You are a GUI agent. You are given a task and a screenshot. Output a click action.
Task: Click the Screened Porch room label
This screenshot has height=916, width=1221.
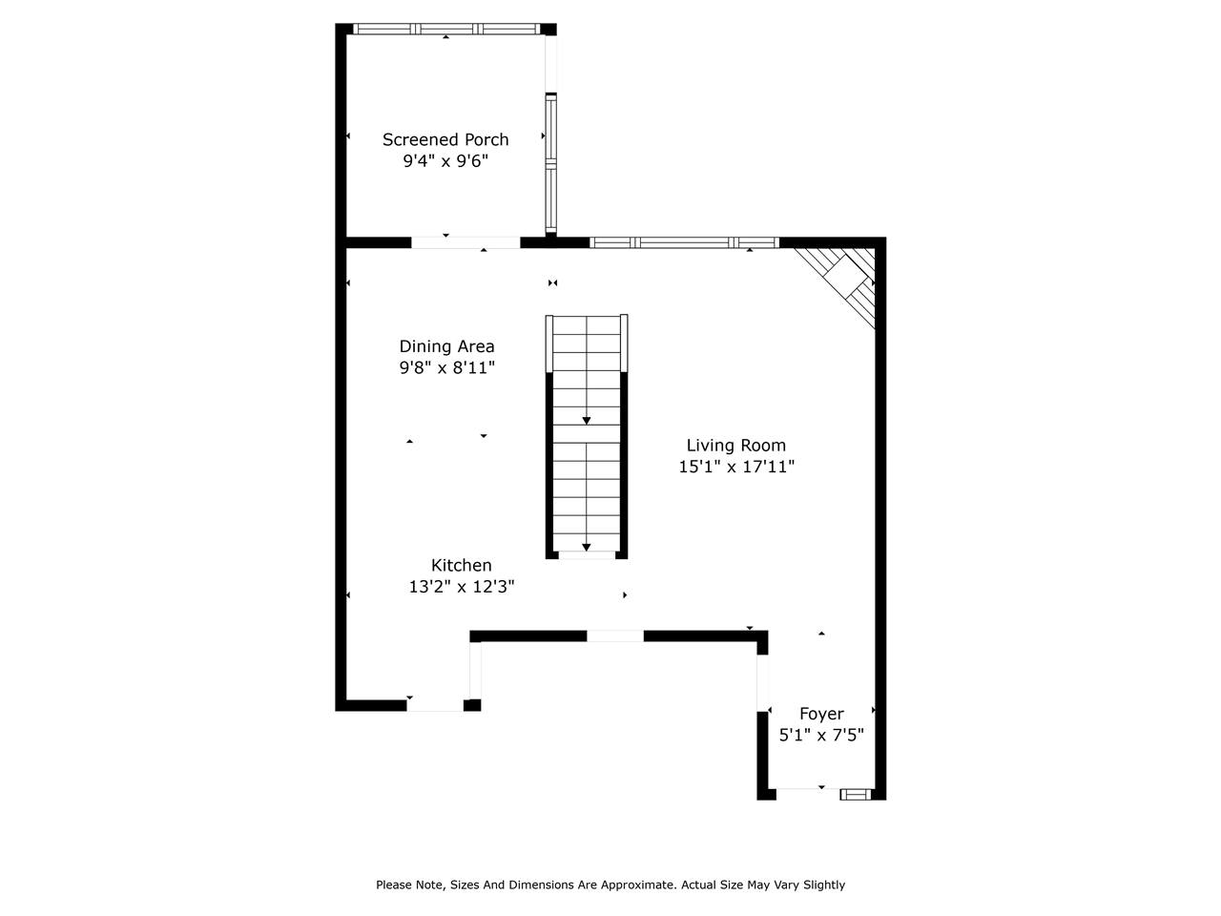pos(445,139)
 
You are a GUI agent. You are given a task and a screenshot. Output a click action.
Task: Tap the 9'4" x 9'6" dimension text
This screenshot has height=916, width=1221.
pos(445,161)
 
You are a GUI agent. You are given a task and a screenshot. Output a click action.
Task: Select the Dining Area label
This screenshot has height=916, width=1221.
pos(446,346)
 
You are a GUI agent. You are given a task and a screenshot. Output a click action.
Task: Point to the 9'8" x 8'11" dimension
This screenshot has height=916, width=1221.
pos(446,367)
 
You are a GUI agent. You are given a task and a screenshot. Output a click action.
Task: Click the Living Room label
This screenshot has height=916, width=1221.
pos(736,445)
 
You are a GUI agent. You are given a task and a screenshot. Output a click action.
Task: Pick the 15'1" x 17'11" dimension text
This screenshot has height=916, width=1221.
pos(736,467)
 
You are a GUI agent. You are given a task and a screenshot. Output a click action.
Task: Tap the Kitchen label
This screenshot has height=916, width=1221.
pos(462,565)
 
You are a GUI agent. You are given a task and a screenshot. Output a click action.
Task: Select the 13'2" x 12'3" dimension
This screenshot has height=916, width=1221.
pos(462,587)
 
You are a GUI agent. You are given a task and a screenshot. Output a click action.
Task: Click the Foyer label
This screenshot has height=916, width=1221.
pos(821,714)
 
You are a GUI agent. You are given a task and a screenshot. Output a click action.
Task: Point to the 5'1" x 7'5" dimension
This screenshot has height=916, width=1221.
pos(821,736)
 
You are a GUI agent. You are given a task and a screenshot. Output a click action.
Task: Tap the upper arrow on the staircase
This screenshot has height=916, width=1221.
pos(586,420)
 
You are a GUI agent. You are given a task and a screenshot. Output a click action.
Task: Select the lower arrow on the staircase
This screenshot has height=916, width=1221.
pos(586,547)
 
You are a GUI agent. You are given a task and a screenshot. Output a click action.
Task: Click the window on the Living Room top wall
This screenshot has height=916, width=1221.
pos(684,242)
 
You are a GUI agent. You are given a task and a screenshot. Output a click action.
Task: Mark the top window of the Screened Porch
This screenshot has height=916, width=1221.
pos(446,29)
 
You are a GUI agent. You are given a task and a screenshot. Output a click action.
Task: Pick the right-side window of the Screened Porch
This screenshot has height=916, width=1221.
pos(550,162)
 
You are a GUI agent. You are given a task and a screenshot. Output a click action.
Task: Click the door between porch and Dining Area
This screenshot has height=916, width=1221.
pos(466,242)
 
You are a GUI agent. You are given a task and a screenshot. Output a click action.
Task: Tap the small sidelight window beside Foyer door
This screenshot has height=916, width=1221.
pos(856,793)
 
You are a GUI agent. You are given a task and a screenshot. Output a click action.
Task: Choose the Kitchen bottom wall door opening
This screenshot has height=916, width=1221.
pos(435,705)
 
